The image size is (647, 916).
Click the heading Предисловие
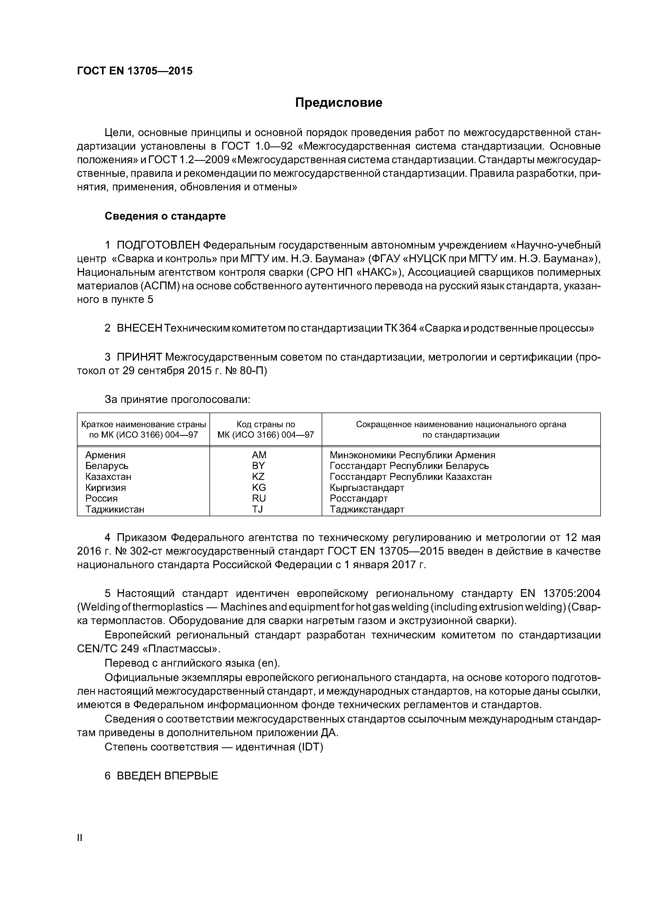(x=338, y=103)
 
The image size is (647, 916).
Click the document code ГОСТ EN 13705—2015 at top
(x=134, y=71)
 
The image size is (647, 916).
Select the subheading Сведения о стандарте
(x=165, y=216)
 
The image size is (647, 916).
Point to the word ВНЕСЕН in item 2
(x=140, y=328)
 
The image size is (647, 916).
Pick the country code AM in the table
(x=259, y=455)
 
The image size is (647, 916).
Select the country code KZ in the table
(x=258, y=477)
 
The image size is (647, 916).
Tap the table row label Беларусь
(x=107, y=466)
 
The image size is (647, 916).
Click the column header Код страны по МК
(x=266, y=430)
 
